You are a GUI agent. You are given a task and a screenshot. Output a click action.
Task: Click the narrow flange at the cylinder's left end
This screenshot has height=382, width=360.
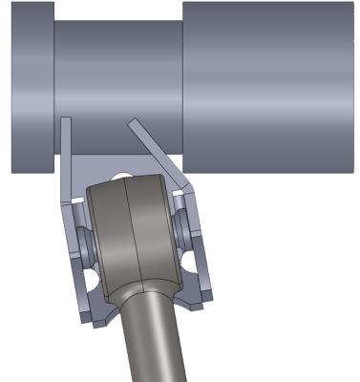click(x=32, y=86)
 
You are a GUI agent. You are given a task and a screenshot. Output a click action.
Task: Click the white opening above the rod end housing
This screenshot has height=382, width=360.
click(x=121, y=175)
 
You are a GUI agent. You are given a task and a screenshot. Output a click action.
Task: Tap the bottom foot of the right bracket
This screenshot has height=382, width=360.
click(x=199, y=303)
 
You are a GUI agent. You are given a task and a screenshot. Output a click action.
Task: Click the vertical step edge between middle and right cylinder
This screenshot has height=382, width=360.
click(x=182, y=86)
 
